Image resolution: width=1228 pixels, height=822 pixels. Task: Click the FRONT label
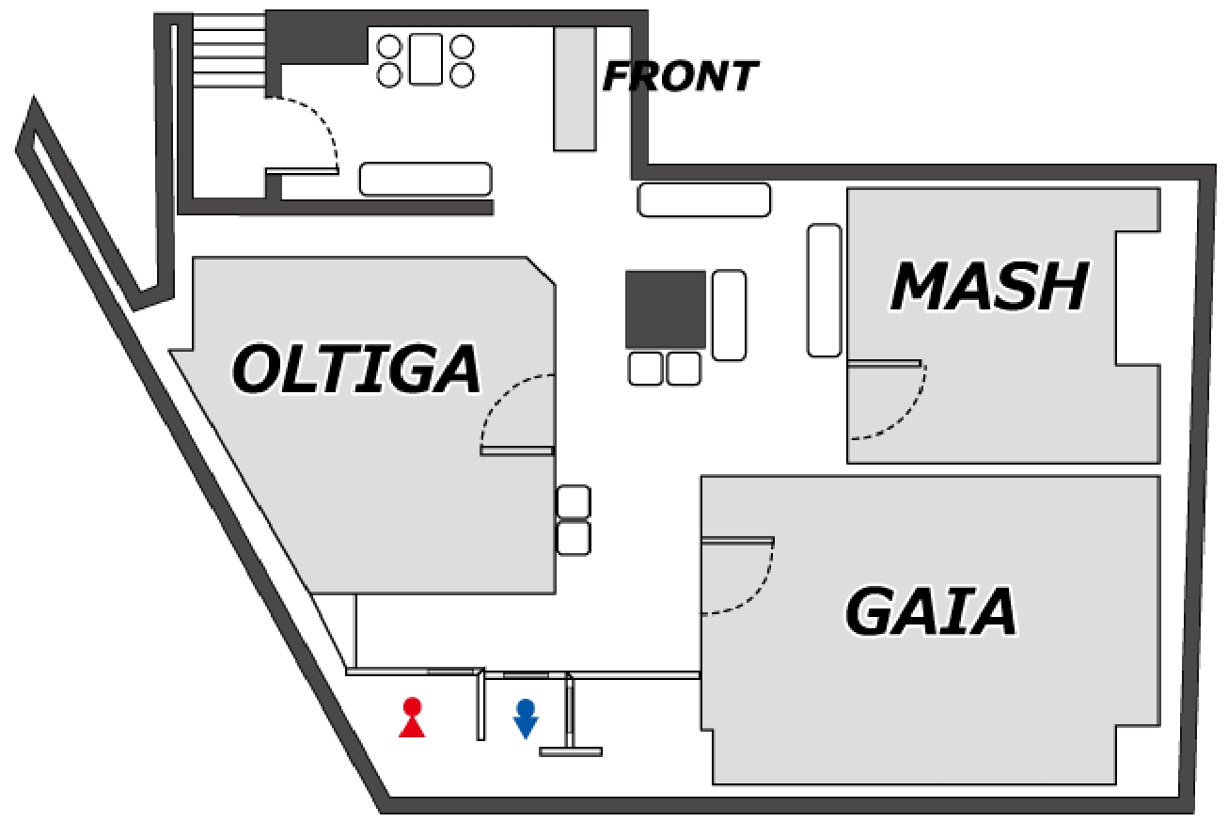(x=681, y=76)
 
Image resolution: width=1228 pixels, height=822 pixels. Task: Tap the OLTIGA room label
(x=356, y=369)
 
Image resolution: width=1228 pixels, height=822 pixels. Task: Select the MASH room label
(x=989, y=286)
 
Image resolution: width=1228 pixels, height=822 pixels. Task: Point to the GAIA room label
(x=930, y=611)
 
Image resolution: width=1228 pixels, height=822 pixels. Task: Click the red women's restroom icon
(x=412, y=718)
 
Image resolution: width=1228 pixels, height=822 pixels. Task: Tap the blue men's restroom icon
(x=526, y=719)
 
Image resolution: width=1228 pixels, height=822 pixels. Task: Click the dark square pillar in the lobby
(x=666, y=309)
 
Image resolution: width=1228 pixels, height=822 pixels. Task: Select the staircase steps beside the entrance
(x=229, y=51)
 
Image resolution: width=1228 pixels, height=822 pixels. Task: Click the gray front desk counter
(x=575, y=88)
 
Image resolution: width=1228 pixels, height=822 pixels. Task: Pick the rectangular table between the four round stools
(x=426, y=59)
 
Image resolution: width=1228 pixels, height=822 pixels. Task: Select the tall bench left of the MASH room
(x=824, y=291)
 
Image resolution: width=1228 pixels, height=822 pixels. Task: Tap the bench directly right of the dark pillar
(x=729, y=315)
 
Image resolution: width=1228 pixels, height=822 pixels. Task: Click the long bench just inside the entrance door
(x=425, y=179)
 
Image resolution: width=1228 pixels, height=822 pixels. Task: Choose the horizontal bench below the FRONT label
(x=704, y=200)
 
